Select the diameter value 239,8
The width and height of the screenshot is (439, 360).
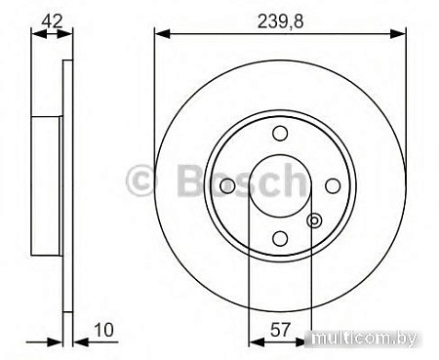pyautogui.click(x=279, y=18)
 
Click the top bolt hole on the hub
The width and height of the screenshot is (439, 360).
pyautogui.click(x=280, y=134)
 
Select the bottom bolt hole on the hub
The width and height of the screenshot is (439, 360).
pyautogui.click(x=280, y=237)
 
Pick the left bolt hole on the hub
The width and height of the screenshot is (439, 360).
pyautogui.click(x=228, y=185)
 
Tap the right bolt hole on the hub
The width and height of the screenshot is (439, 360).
pyautogui.click(x=332, y=185)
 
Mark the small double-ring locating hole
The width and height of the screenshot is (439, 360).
pyautogui.click(x=314, y=221)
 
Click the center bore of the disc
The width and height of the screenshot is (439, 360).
pyautogui.click(x=280, y=185)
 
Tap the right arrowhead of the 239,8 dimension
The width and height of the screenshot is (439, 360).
pyautogui.click(x=400, y=33)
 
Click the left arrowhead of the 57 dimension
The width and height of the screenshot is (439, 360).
pyautogui.click(x=256, y=342)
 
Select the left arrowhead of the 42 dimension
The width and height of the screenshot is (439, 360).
pyautogui.click(x=37, y=33)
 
